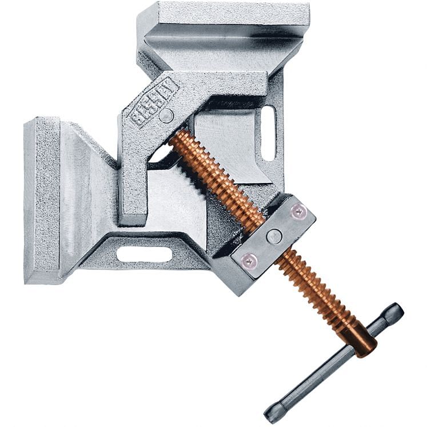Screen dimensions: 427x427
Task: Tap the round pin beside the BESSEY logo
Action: pyautogui.click(x=166, y=115)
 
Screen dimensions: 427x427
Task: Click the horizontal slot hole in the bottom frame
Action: pyautogui.click(x=143, y=254)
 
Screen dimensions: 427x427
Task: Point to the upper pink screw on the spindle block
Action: pyautogui.click(x=297, y=211)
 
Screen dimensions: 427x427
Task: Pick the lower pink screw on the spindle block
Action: pyautogui.click(x=250, y=261)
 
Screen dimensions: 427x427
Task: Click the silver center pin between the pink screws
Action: pyautogui.click(x=274, y=236)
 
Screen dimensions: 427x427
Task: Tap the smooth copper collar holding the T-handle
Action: pyautogui.click(x=360, y=337)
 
